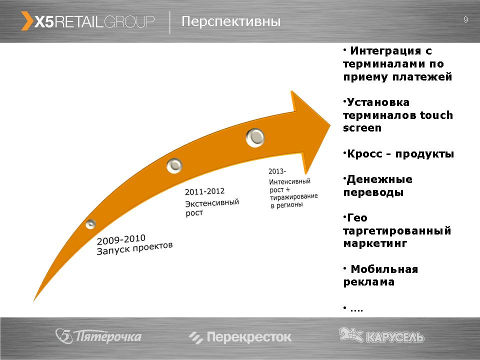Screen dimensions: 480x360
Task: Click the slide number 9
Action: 465,19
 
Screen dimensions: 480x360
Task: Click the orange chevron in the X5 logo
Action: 27,21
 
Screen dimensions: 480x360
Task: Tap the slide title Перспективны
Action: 231,21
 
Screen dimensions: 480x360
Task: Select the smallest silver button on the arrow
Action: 90,224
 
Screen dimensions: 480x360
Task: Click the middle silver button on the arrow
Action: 174,165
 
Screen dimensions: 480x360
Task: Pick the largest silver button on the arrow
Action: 255,138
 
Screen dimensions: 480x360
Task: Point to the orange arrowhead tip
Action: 330,124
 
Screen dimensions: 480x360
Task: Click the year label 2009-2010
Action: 121,239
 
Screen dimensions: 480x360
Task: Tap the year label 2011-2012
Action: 204,191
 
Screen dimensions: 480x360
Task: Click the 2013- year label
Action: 277,171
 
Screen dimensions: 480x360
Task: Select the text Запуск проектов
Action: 134,248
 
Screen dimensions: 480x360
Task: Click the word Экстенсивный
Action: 212,203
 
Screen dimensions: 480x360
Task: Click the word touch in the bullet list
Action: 436,115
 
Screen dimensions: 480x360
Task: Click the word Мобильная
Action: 384,269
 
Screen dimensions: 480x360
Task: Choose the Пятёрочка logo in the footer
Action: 98,336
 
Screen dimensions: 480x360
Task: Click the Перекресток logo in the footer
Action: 240,337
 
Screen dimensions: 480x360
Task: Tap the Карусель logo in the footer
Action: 381,335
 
